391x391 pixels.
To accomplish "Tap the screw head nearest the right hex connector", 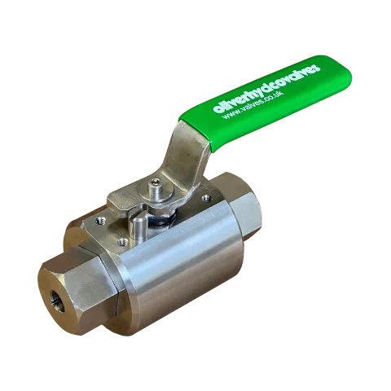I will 207,198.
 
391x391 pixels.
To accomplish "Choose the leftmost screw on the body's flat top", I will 99,217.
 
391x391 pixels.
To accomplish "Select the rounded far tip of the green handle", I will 323,64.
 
